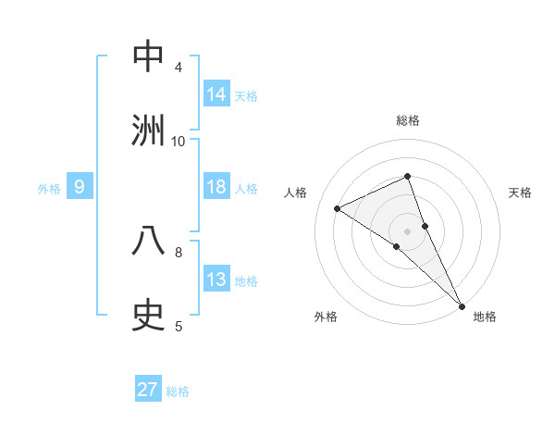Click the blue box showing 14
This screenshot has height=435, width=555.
coord(216,94)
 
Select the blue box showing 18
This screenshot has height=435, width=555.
coord(216,187)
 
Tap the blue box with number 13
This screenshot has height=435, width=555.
coord(216,280)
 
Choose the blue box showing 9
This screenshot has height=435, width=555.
coord(80,187)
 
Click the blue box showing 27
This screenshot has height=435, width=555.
coord(148,390)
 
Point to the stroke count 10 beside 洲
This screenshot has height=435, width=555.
coord(179,141)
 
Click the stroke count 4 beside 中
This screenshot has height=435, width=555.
coord(179,67)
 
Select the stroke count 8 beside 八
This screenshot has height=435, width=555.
coord(179,252)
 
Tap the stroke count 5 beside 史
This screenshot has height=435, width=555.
coord(179,326)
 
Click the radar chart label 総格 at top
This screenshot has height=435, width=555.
coord(408,120)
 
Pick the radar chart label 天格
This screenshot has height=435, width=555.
coord(520,193)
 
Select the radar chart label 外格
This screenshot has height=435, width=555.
coord(326,317)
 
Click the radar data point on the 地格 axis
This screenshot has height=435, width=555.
coord(462,304)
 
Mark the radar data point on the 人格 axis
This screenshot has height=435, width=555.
coord(338,208)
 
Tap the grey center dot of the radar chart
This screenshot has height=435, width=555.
coord(408,230)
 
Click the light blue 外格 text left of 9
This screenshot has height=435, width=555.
coord(49,188)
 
